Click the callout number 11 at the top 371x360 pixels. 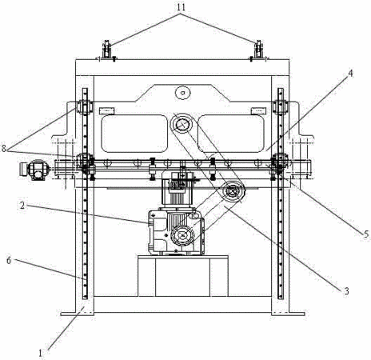click(x=181, y=7)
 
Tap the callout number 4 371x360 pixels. click(x=351, y=73)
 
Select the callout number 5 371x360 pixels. click(x=366, y=234)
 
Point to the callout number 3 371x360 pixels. click(x=346, y=291)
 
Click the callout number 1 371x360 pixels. click(x=40, y=354)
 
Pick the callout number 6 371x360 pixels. click(x=9, y=261)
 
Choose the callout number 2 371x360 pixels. click(x=22, y=205)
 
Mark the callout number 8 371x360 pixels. click(x=4, y=149)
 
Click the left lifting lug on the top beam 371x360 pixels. click(x=107, y=50)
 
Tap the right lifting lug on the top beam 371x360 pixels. click(x=258, y=50)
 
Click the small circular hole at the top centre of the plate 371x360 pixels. click(x=183, y=93)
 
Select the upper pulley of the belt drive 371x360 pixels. click(x=182, y=124)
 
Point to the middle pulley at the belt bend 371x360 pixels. click(x=233, y=190)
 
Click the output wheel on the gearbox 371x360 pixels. click(x=182, y=235)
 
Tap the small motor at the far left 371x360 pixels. click(x=34, y=170)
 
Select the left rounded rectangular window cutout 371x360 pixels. click(x=134, y=134)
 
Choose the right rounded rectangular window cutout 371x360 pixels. click(x=231, y=134)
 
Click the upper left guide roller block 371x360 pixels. click(x=84, y=107)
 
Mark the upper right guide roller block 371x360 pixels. click(x=281, y=107)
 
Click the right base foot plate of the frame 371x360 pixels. click(x=288, y=314)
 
